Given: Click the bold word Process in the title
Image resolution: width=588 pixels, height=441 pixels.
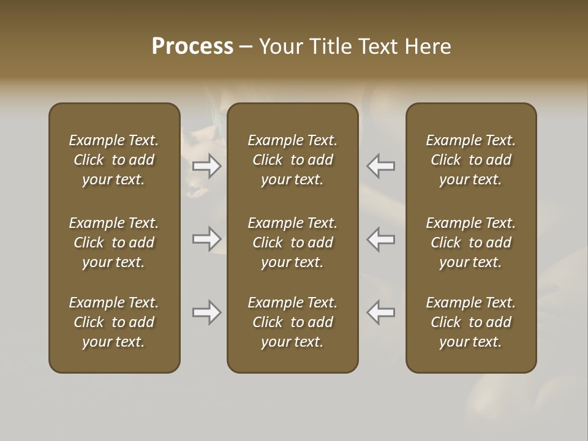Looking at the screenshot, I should (x=192, y=47).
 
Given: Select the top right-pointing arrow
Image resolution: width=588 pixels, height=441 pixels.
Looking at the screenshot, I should (x=207, y=165).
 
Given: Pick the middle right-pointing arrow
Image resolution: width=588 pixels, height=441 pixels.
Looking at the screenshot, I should (x=207, y=239).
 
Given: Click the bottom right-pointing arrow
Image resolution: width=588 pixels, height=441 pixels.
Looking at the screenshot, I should (x=207, y=312).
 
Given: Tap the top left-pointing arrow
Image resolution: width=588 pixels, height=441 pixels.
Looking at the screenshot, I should (x=381, y=165).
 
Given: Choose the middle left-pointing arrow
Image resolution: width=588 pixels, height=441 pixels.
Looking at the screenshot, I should (x=381, y=239).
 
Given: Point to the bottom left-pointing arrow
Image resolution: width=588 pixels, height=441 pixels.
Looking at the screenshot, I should (x=381, y=312).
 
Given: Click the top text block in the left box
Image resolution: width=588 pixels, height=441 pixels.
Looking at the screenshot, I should (x=114, y=160).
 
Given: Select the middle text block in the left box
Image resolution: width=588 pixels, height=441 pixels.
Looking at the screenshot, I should (x=114, y=243).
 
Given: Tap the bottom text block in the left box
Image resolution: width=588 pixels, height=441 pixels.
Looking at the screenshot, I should (x=114, y=322).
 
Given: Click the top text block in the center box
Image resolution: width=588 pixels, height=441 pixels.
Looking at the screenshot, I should (x=293, y=160).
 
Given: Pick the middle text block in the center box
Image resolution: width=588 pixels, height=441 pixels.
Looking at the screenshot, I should (x=293, y=243).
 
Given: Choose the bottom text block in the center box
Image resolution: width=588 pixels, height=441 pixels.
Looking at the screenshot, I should (x=293, y=322).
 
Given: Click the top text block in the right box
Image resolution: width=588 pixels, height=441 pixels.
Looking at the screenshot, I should (x=471, y=160).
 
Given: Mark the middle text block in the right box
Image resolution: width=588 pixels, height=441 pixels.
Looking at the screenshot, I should (x=471, y=243).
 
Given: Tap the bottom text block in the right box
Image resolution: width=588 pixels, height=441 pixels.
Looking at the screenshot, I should (x=471, y=322).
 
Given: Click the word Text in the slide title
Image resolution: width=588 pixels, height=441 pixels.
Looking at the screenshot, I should (x=379, y=47).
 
